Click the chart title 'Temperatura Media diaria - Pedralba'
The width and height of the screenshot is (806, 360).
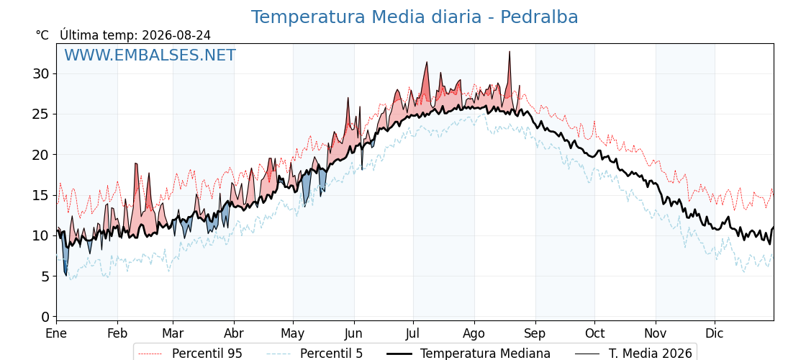415,17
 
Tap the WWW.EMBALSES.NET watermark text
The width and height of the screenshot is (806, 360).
150,55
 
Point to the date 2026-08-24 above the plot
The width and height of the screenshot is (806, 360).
176,35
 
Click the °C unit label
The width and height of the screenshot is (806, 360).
42,35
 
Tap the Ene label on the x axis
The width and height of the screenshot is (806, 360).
57,333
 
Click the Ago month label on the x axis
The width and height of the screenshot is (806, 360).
474,333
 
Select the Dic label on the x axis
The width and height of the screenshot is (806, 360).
714,333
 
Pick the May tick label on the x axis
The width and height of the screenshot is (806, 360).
293,333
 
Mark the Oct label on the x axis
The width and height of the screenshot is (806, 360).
594,333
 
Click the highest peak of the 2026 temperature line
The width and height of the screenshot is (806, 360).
510,52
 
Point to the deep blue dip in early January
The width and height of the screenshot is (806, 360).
65,274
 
